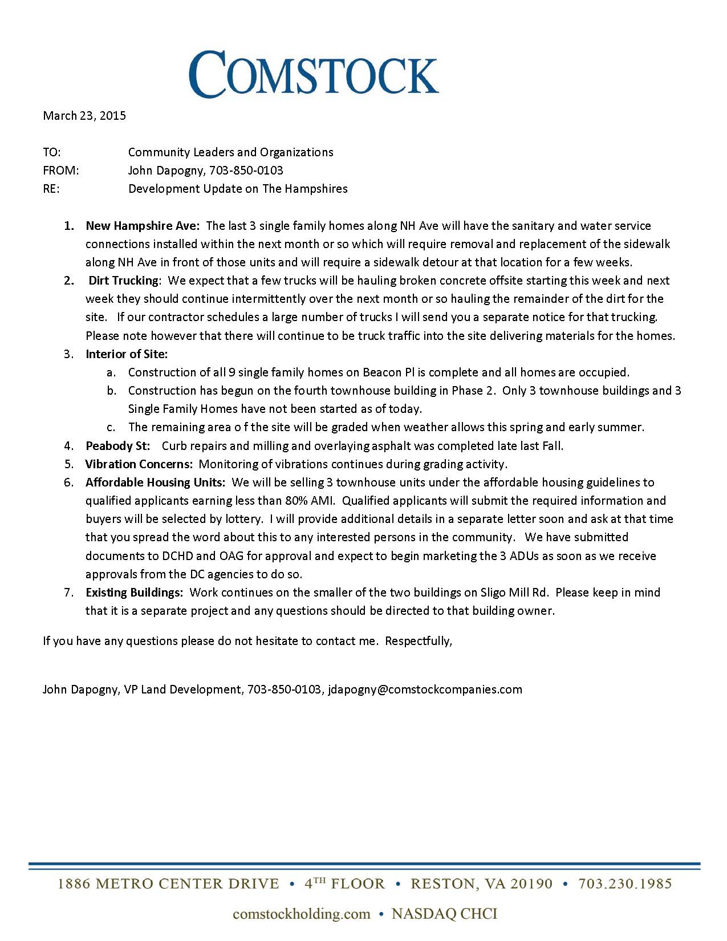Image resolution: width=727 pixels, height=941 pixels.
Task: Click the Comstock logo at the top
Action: pyautogui.click(x=314, y=74)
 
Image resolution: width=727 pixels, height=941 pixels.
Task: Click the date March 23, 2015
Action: pyautogui.click(x=84, y=116)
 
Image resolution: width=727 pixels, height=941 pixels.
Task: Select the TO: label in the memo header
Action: pyautogui.click(x=52, y=152)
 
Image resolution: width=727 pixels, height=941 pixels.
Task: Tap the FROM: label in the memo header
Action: pyautogui.click(x=61, y=171)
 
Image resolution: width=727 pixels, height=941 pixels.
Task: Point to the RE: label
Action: pyautogui.click(x=51, y=189)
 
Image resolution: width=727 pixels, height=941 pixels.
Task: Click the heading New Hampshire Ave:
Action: pyautogui.click(x=143, y=226)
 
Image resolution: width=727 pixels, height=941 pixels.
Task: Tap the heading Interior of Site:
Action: pyautogui.click(x=127, y=354)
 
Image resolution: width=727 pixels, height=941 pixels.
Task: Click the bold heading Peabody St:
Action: pyautogui.click(x=118, y=446)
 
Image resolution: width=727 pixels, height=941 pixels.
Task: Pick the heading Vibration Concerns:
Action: pyautogui.click(x=139, y=464)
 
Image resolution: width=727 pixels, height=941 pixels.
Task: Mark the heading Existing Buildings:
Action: pyautogui.click(x=135, y=593)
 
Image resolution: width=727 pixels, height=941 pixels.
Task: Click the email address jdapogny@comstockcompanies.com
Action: pyautogui.click(x=425, y=689)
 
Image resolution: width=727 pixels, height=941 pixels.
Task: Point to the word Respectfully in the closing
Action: pyautogui.click(x=418, y=641)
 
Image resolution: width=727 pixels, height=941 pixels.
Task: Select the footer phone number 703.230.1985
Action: pyautogui.click(x=625, y=884)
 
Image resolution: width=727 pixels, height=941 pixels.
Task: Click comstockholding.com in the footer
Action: pyautogui.click(x=302, y=914)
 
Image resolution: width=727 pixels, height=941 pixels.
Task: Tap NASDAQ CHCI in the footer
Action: pyautogui.click(x=444, y=914)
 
